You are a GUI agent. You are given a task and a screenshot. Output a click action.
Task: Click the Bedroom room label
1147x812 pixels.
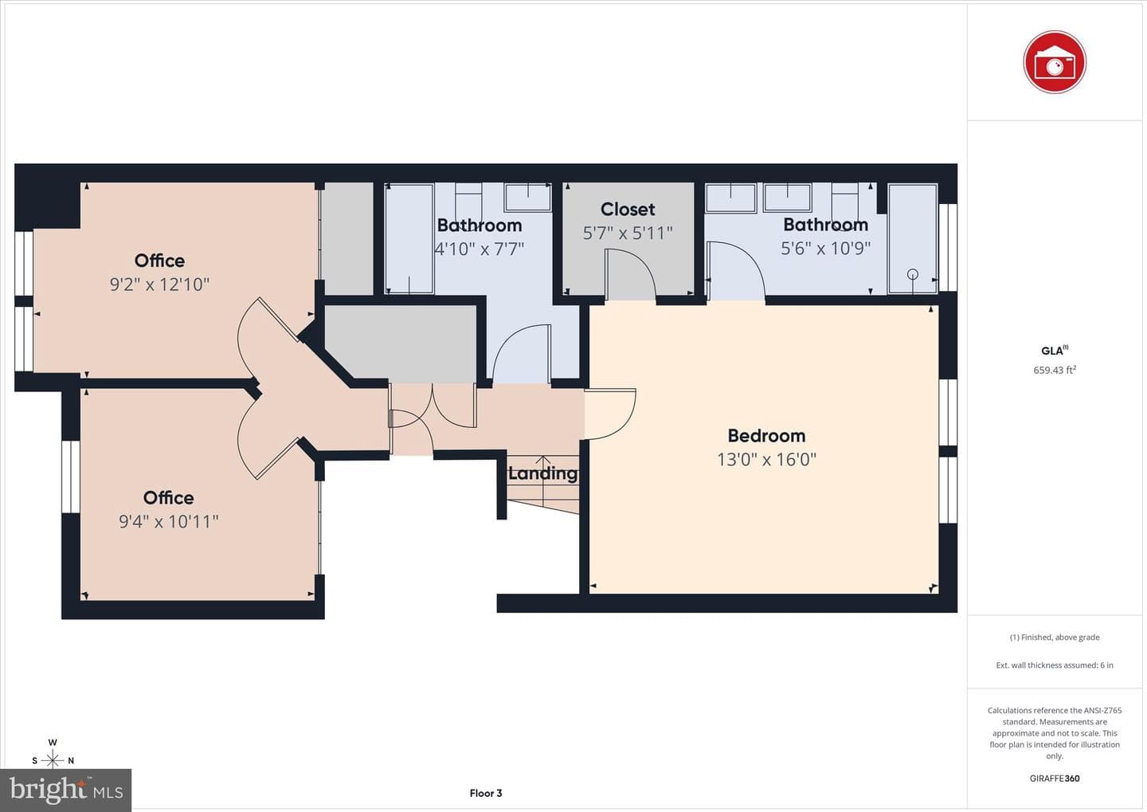[766, 436]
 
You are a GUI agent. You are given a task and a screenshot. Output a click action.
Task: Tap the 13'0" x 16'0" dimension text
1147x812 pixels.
[766, 460]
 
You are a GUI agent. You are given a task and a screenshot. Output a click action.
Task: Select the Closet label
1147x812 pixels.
[628, 209]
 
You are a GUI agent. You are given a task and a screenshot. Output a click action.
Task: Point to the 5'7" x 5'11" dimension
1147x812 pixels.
[628, 233]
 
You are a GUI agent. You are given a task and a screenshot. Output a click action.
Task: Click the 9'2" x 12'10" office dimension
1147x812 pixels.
[160, 284]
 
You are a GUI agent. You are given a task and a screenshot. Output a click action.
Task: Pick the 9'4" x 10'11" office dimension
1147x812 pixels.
[169, 521]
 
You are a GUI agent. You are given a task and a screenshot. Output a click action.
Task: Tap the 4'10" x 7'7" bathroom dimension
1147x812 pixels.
[480, 249]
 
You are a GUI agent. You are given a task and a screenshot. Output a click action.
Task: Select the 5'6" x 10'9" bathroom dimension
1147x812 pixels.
[825, 249]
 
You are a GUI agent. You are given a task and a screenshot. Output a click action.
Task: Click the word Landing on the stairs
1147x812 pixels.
[542, 473]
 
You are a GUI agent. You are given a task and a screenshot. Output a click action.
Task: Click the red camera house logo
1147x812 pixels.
[1055, 62]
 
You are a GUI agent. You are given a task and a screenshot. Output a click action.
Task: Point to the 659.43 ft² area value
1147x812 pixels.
[1055, 370]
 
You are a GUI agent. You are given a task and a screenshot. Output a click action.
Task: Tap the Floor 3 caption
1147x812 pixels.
[485, 793]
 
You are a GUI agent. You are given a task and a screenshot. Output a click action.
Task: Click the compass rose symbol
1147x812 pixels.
[53, 760]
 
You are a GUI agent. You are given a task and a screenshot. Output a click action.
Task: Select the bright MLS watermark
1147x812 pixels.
[66, 790]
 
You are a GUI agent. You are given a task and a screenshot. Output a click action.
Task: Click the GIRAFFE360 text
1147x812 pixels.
[1055, 779]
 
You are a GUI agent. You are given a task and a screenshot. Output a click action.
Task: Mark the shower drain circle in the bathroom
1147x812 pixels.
[913, 274]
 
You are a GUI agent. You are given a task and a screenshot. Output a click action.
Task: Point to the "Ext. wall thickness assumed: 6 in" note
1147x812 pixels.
[1055, 665]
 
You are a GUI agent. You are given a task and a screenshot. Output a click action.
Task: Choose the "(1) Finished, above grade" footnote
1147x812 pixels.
[1055, 637]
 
